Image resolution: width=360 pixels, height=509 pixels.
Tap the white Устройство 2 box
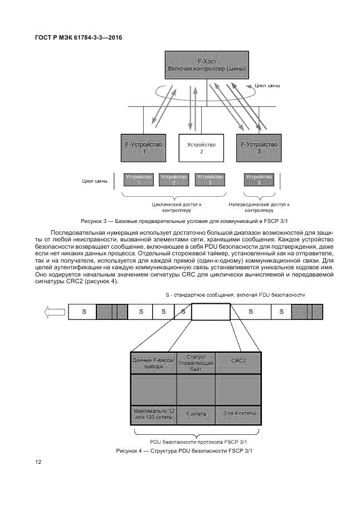coord(201,148)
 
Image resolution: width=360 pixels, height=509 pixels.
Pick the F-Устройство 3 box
coord(259,148)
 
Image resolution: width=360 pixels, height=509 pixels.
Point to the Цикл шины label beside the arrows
coord(267,86)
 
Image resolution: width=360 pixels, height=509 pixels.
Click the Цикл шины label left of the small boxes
coord(95,181)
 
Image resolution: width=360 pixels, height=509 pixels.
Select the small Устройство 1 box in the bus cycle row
coord(139,180)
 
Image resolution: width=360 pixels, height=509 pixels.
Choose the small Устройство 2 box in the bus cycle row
coord(174,180)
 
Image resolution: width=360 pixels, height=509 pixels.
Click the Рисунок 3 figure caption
coord(179,220)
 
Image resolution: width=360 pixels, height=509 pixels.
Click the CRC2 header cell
coord(238,360)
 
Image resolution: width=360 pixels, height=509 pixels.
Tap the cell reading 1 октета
coord(196,414)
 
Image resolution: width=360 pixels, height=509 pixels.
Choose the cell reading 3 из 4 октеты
coord(239,414)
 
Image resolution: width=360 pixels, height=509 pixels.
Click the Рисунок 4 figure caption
coord(184,450)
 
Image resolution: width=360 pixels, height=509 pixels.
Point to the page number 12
coord(38,462)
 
